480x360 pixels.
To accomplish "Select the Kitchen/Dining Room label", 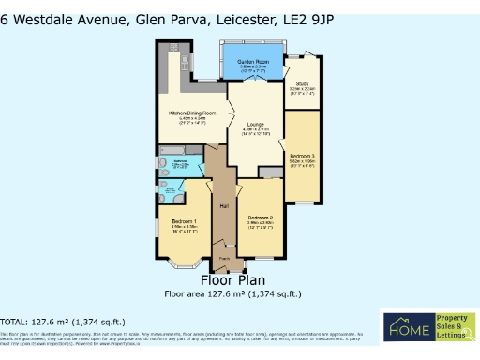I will (x=192, y=113).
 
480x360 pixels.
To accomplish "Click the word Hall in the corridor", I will (x=224, y=206).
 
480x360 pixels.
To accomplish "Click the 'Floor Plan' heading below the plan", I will (x=232, y=279).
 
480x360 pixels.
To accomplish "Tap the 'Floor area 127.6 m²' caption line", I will (x=232, y=293).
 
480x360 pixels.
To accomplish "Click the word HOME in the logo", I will (x=405, y=331).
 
